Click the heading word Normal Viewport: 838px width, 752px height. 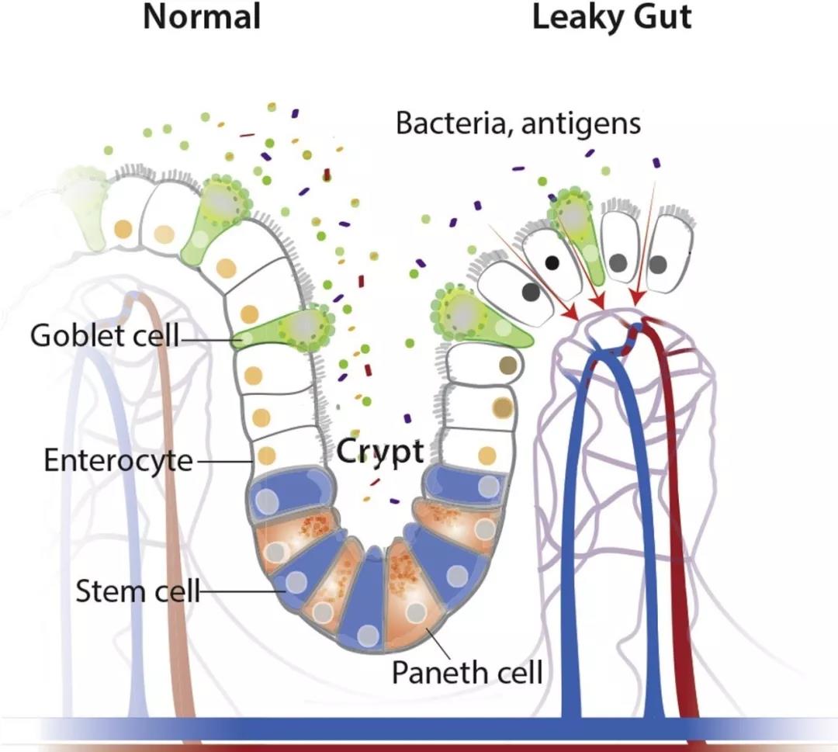[201, 17]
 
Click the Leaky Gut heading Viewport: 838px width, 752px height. [611, 17]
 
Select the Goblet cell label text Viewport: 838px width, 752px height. [105, 336]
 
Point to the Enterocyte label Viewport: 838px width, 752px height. [118, 460]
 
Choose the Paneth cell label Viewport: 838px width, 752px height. [467, 671]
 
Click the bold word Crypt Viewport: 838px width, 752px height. [380, 452]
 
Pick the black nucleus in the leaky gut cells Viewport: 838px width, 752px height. [552, 262]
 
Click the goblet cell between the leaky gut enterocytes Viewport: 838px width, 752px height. [575, 225]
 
